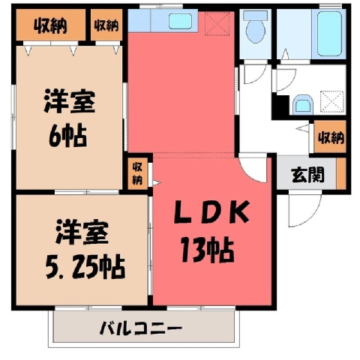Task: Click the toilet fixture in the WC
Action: click(x=256, y=28)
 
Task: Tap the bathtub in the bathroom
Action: click(x=329, y=33)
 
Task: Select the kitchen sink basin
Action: click(x=180, y=21)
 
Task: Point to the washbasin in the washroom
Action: click(x=303, y=104)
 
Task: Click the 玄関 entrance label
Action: click(x=307, y=175)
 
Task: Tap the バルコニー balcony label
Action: click(x=141, y=328)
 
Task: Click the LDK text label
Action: click(x=211, y=212)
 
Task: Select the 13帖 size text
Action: click(x=208, y=250)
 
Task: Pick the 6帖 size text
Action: click(x=67, y=136)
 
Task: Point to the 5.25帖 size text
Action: click(x=85, y=266)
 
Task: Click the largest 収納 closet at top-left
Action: click(x=51, y=25)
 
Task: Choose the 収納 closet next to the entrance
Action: click(x=331, y=137)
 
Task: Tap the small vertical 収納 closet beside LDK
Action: click(x=137, y=173)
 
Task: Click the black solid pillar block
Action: click(x=281, y=106)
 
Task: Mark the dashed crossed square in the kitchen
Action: click(x=217, y=23)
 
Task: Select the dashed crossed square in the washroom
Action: click(x=332, y=102)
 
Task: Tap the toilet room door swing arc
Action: click(x=260, y=78)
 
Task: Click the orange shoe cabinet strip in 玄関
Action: click(x=341, y=173)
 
